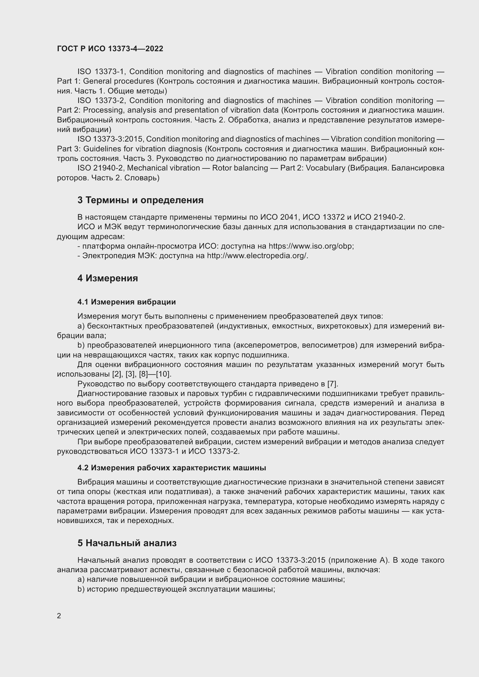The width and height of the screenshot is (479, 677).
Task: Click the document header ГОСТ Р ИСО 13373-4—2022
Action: [110, 49]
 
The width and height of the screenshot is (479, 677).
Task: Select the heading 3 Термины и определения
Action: [140, 200]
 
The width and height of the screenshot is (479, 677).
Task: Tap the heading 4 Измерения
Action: [108, 278]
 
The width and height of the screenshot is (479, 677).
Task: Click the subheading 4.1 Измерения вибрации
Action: [127, 302]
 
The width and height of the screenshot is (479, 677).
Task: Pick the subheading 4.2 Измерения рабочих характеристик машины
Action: [172, 468]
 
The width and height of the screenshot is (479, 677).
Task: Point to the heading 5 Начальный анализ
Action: [127, 543]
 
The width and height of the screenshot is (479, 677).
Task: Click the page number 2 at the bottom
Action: [59, 616]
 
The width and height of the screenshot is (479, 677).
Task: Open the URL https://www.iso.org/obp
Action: [311, 246]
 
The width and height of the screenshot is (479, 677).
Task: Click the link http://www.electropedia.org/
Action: [257, 256]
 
